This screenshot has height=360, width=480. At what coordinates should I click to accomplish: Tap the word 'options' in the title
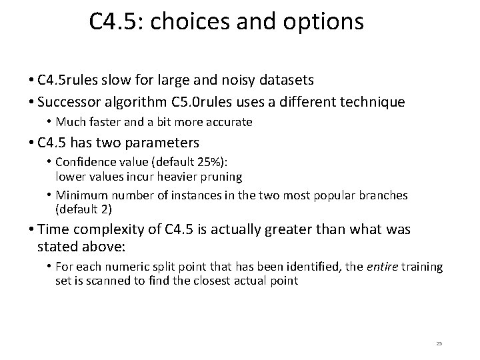[327, 22]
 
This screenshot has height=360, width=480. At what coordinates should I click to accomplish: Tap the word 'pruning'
[224, 177]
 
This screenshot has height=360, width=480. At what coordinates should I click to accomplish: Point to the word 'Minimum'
[77, 195]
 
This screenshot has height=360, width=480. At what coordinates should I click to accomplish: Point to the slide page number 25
[439, 343]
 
